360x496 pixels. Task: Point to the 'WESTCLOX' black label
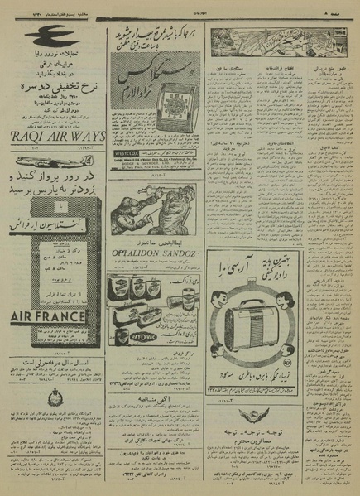tap(125, 152)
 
